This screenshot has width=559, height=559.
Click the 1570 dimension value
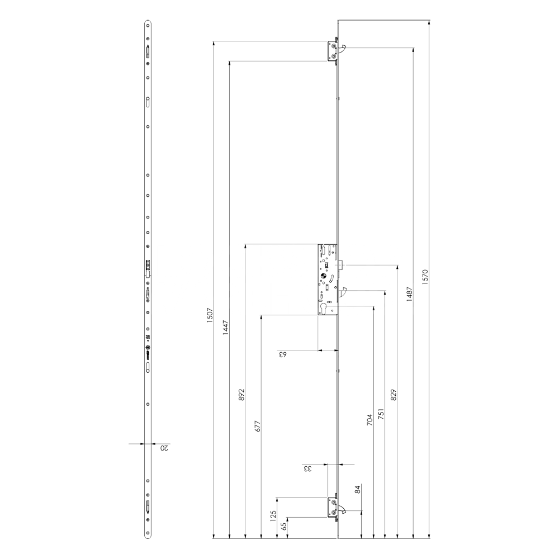(425, 278)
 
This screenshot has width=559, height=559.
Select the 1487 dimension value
(409, 294)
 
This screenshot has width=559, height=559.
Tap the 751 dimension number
(381, 414)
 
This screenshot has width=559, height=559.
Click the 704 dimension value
(369, 420)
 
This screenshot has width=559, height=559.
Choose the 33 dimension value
(307, 468)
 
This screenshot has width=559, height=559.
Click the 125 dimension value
(273, 515)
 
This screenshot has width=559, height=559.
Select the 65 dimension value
(284, 525)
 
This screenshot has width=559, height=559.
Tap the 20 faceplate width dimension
(165, 448)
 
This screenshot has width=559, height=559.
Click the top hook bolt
(342, 49)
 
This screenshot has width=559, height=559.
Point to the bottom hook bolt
(342, 509)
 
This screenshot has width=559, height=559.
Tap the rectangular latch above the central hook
(340, 265)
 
